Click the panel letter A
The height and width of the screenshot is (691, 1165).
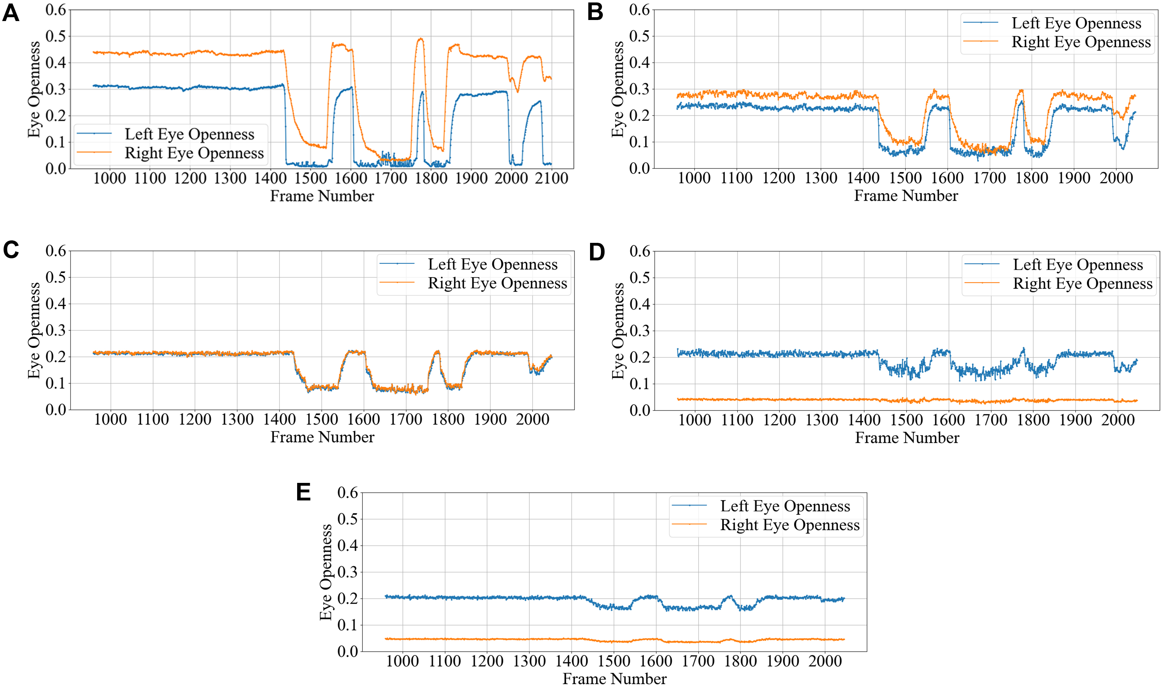pos(11,13)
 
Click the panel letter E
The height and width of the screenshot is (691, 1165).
pos(303,492)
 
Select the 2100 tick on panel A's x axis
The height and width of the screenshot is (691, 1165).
pos(551,178)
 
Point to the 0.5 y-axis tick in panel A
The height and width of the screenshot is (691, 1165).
pos(55,36)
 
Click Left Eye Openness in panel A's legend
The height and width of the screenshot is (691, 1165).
pos(189,134)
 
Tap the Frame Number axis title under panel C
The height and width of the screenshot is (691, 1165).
pos(322,437)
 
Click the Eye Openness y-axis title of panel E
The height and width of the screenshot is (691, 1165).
pos(326,572)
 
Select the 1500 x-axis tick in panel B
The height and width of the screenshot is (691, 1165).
pos(905,178)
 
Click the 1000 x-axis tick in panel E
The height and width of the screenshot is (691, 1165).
pos(402,661)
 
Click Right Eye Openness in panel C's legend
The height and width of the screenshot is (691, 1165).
pos(497,283)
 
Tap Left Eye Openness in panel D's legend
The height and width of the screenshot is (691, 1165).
pos(1078,265)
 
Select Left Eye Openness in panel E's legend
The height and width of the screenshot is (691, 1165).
pos(785,506)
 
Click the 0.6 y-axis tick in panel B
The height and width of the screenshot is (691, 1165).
pos(639,9)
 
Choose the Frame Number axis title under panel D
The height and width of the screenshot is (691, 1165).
pos(907,438)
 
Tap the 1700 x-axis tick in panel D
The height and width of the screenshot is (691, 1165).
pos(991,420)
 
